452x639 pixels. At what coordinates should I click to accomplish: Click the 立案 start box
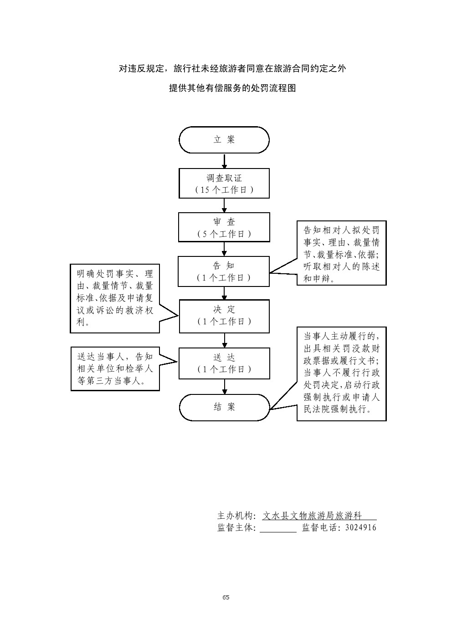(224, 140)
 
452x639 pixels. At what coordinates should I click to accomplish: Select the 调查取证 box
(224, 183)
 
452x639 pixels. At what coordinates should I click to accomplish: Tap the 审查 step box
(224, 227)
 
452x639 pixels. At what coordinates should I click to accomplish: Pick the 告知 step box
(224, 271)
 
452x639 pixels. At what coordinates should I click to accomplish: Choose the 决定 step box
(224, 316)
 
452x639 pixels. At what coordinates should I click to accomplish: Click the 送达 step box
(224, 363)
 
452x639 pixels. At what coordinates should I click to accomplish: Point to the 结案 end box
(224, 407)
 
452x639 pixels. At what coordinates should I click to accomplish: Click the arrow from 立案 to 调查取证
(224, 161)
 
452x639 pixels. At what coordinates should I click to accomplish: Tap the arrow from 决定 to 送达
(224, 340)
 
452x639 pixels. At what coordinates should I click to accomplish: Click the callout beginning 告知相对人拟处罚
(341, 253)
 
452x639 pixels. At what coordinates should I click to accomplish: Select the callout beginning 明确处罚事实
(115, 298)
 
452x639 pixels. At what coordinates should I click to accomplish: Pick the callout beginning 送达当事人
(115, 368)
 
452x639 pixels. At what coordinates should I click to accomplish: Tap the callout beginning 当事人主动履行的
(341, 373)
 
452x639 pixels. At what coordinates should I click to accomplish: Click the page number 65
(226, 597)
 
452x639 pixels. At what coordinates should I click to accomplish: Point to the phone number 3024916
(361, 528)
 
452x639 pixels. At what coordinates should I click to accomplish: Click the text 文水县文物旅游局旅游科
(312, 516)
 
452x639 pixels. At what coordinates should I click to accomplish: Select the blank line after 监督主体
(278, 528)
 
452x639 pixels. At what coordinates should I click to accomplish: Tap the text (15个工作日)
(224, 190)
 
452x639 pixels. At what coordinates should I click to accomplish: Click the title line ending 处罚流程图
(232, 88)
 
